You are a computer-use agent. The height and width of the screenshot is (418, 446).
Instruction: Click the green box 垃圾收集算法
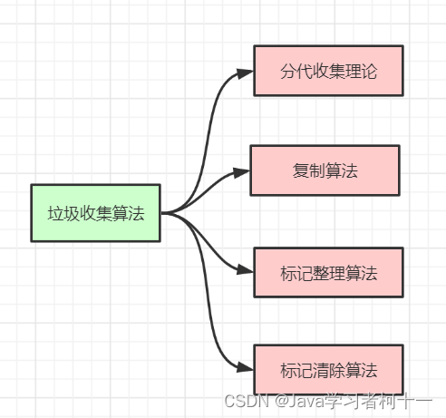(x=94, y=213)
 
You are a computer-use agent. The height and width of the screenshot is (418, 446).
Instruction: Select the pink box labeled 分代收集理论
(x=327, y=71)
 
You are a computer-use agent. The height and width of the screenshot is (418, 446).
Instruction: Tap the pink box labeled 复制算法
(x=325, y=170)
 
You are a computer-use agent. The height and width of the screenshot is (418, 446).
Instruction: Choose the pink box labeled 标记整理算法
(x=327, y=271)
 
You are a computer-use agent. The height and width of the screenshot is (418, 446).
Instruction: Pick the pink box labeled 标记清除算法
(x=327, y=370)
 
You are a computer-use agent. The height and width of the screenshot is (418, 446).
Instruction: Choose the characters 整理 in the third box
(x=328, y=272)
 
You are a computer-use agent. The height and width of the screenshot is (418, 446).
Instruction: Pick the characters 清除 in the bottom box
(x=328, y=371)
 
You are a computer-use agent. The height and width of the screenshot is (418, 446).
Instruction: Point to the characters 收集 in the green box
(x=94, y=214)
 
